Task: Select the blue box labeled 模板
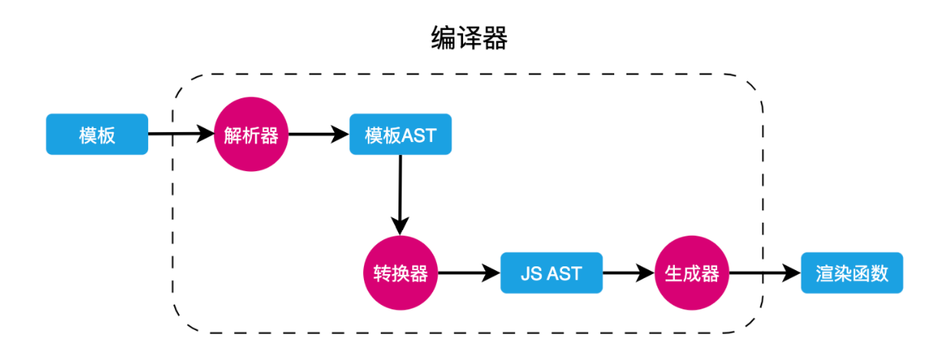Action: (x=97, y=135)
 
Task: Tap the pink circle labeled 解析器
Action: (x=250, y=135)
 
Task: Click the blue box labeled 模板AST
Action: (x=400, y=135)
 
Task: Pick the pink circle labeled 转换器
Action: (x=400, y=273)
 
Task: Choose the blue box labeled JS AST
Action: (x=551, y=273)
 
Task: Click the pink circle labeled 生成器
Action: (x=691, y=273)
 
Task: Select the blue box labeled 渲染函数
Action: (x=851, y=273)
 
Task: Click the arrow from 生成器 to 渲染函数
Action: (x=764, y=273)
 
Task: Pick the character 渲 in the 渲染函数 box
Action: (x=825, y=273)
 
